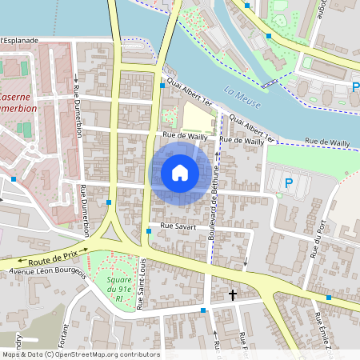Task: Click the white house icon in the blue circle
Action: (180, 172)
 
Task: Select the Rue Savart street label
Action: (178, 226)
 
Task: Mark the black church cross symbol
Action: (233, 295)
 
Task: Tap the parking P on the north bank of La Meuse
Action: (355, 87)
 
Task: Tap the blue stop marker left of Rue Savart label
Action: (149, 232)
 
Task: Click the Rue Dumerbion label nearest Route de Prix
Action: (84, 210)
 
